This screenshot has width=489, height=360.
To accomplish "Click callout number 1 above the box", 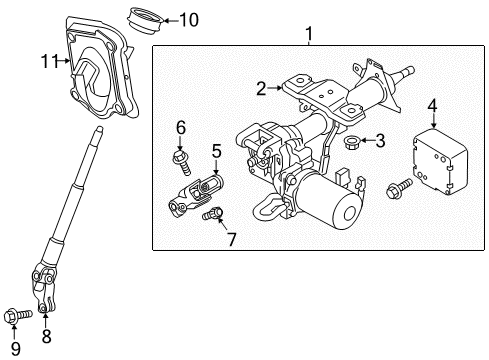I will tap(309, 34).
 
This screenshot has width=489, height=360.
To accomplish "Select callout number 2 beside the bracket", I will tap(262, 89).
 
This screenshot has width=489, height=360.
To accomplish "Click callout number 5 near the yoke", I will tap(216, 151).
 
